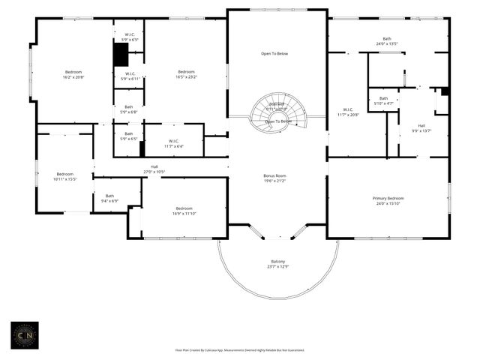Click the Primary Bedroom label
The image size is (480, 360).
coord(388,201)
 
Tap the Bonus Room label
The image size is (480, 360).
coord(274,178)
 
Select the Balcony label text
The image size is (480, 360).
coord(277,264)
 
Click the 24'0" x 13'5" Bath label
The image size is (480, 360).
coord(386,41)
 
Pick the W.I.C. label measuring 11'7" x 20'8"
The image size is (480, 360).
coord(347,112)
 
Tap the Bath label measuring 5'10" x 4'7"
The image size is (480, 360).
coord(383,101)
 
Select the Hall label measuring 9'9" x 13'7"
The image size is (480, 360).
coord(421,127)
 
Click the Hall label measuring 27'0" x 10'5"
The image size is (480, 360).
coord(154,169)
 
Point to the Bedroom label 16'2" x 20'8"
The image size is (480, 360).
coord(73,74)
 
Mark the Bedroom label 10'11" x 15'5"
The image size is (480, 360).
coord(65,176)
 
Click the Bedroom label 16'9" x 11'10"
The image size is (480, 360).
coord(184,211)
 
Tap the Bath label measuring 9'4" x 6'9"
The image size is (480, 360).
coord(109,198)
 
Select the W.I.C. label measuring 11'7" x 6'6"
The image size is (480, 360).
coord(172,143)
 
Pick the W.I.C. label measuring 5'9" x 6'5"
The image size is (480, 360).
coord(129,36)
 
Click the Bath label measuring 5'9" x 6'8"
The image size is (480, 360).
coord(129,109)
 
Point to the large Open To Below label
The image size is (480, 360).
coord(276,54)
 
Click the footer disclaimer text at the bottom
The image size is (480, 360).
coord(240,349)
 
